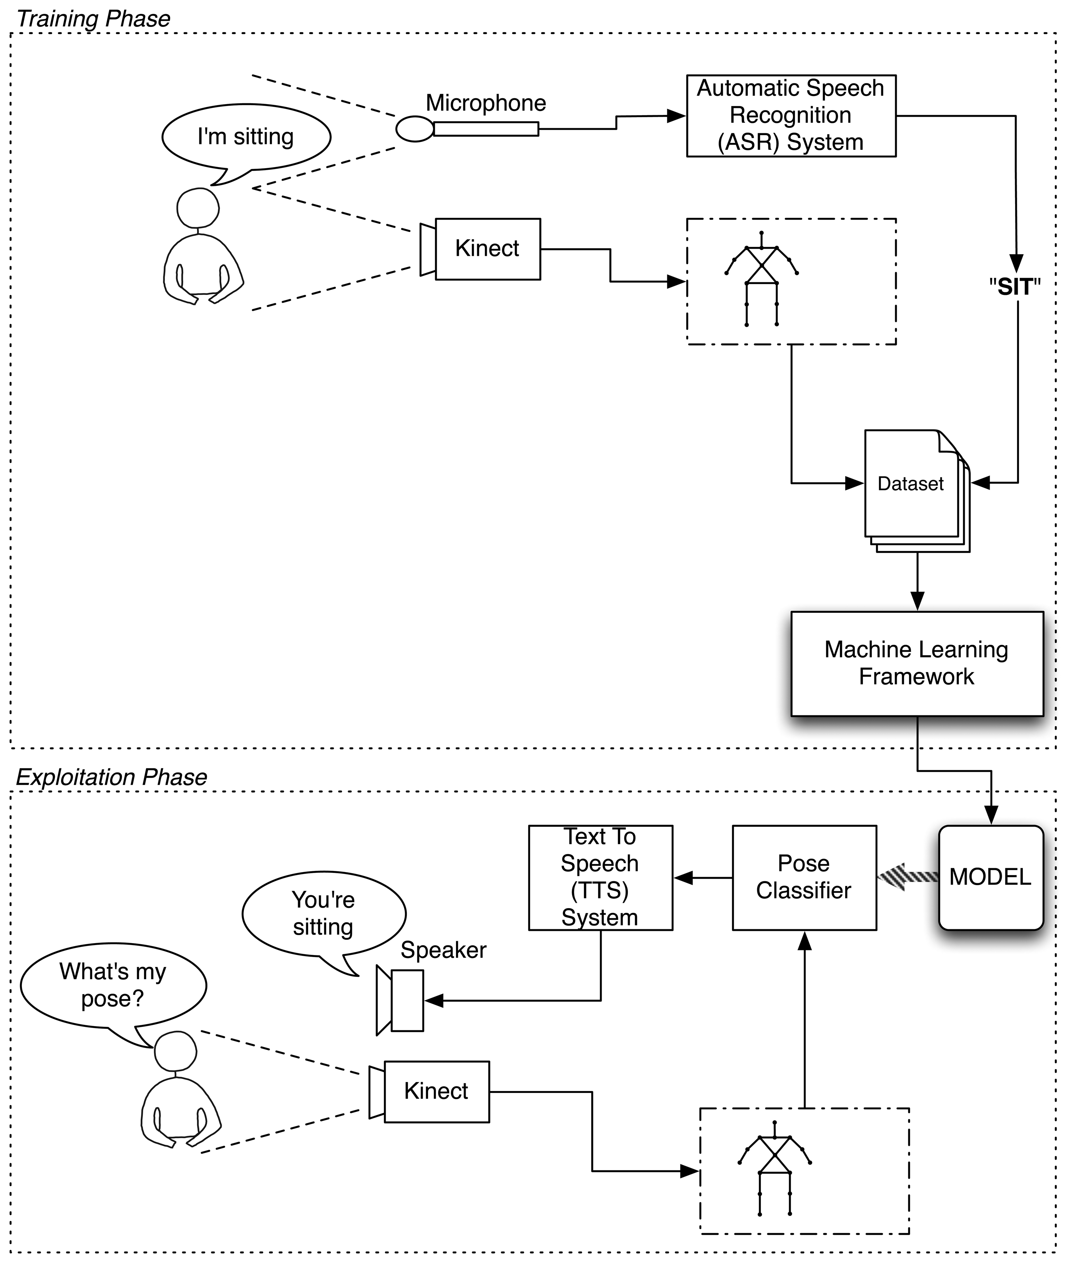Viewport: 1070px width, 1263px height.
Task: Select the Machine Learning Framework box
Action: [917, 663]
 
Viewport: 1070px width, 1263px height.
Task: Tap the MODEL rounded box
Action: [990, 877]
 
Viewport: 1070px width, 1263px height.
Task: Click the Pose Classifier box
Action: [804, 877]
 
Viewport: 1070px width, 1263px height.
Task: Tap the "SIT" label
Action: [1015, 287]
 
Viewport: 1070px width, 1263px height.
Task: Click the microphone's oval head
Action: [415, 129]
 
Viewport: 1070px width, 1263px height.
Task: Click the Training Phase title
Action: [93, 19]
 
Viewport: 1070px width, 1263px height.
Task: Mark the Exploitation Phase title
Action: [111, 777]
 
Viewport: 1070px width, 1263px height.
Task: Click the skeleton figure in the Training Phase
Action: [761, 279]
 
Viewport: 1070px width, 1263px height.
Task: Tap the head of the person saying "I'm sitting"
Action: [198, 208]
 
